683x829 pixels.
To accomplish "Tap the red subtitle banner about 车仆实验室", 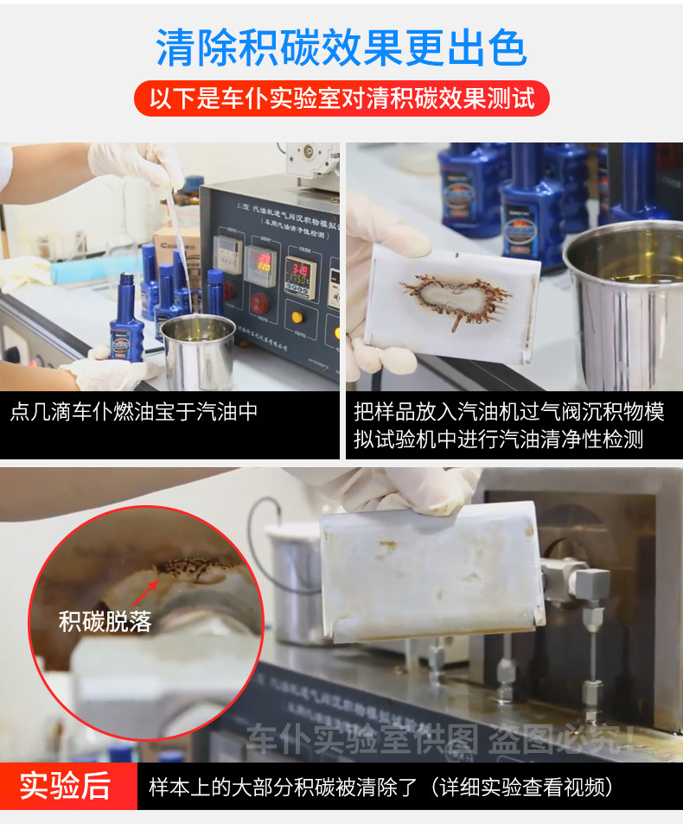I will pos(341,98).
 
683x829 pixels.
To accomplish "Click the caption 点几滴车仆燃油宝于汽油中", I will pos(134,411).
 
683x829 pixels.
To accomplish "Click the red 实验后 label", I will pos(67,786).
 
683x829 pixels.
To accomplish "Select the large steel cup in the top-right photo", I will pos(622,302).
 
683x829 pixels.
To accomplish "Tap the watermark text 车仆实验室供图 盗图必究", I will pos(441,740).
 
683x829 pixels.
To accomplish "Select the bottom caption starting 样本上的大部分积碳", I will pos(380,787).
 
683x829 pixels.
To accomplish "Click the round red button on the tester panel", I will pos(259,304).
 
